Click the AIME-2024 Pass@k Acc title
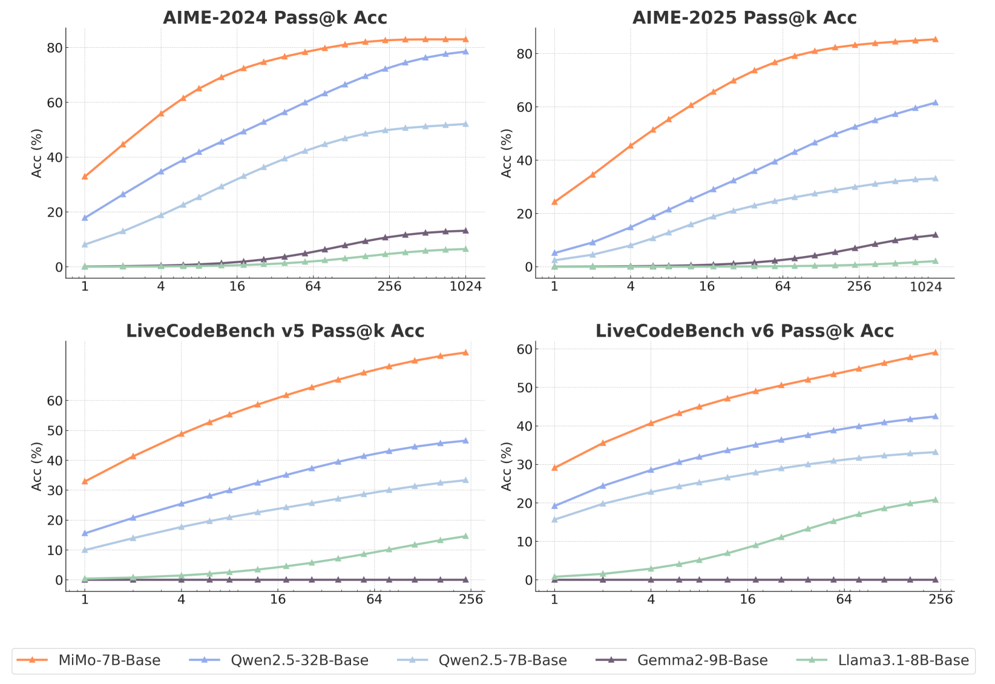coord(275,18)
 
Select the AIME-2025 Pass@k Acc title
coord(744,18)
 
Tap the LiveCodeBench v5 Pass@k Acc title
coord(275,331)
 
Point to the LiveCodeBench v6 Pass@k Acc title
coord(744,331)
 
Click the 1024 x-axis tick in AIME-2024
coord(465,287)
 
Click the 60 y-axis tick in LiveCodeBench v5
coord(54,401)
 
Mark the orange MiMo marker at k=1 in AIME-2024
coord(85,176)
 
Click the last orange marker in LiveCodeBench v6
coord(935,352)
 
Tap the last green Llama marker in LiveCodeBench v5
coord(465,536)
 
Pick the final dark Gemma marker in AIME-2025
coord(935,235)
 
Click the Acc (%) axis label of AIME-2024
coord(37,153)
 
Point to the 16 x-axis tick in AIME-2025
coord(707,287)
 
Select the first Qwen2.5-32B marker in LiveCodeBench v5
coord(85,533)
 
